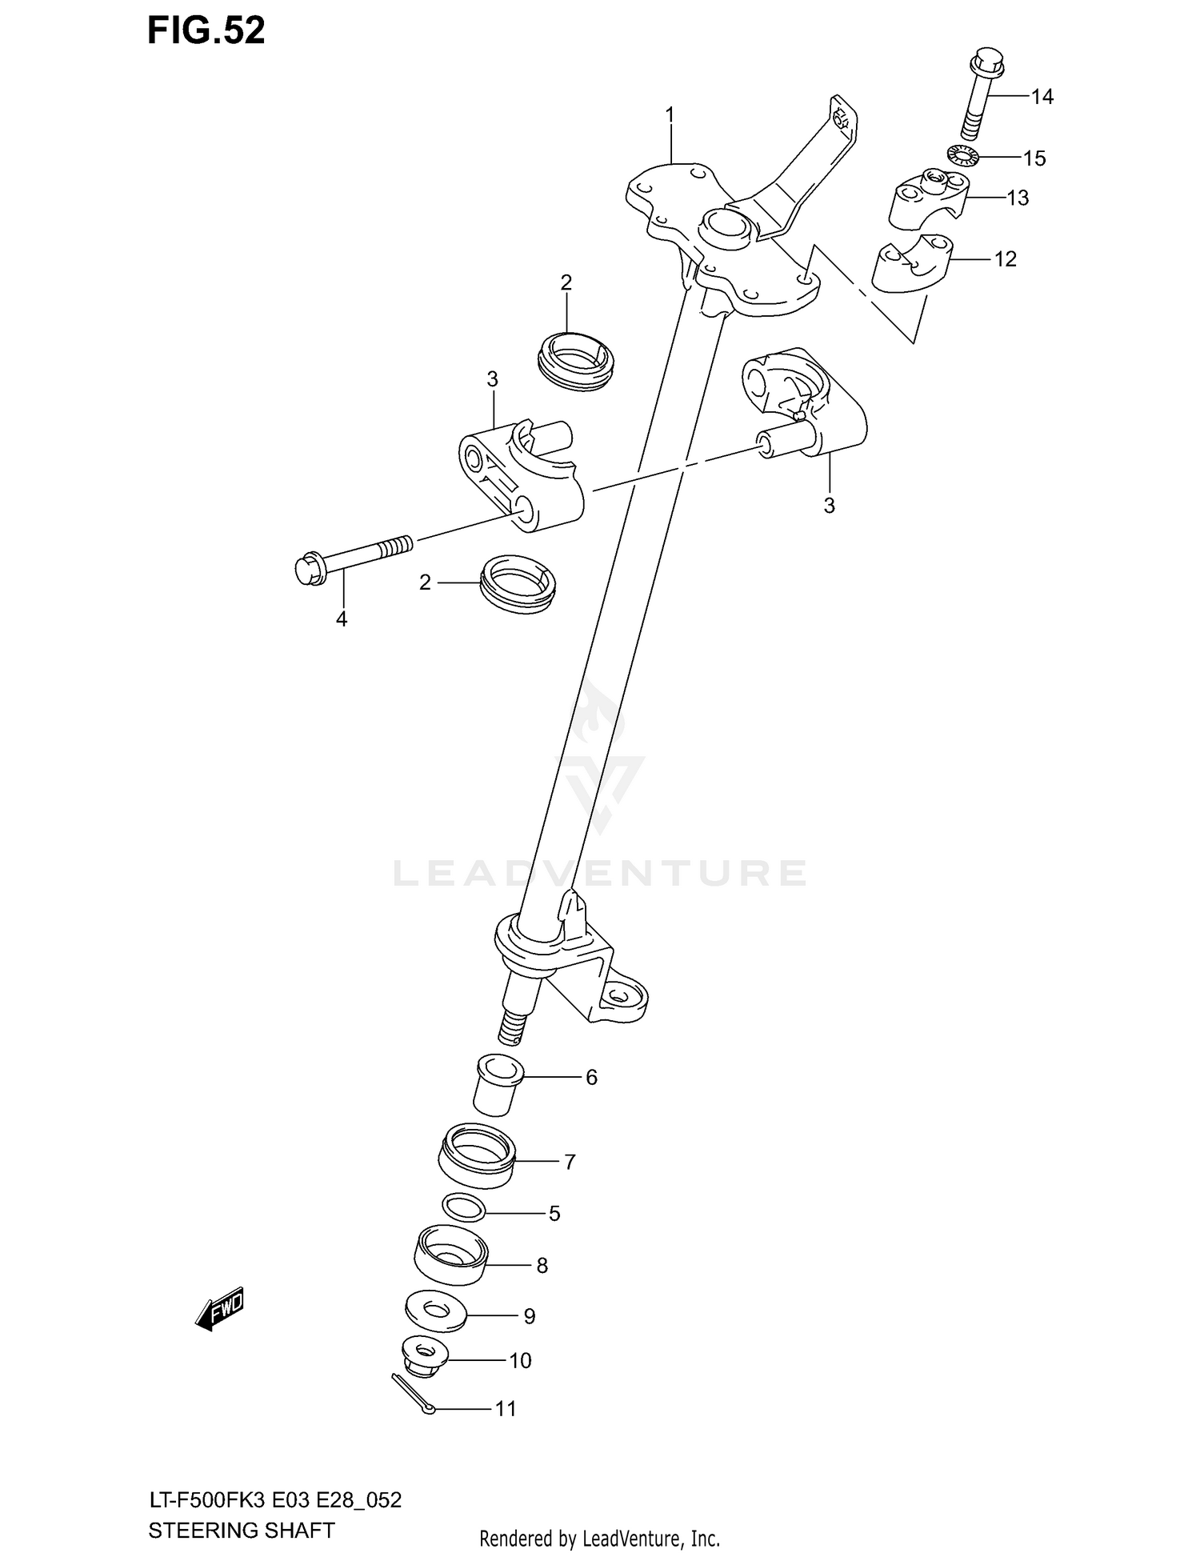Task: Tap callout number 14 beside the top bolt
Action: [x=1042, y=97]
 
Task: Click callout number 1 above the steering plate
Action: [x=670, y=116]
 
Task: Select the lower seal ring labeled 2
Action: [x=518, y=583]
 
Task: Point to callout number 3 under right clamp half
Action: [x=829, y=506]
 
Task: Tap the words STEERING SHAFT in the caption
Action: [x=241, y=1530]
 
